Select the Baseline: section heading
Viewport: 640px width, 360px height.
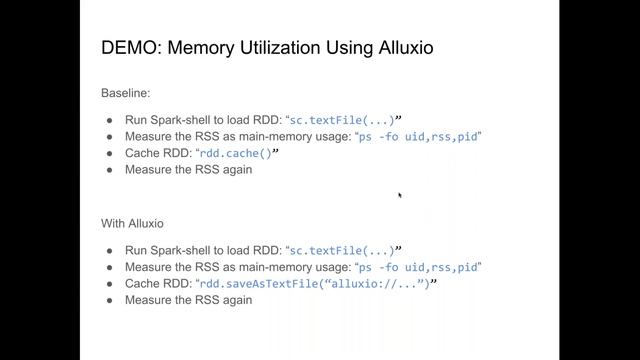point(126,92)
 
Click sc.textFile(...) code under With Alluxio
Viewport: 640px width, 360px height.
point(340,250)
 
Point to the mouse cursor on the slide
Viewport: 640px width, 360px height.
point(400,196)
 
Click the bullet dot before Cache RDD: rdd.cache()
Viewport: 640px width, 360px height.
point(109,153)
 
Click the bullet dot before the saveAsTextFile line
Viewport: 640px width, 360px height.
point(109,283)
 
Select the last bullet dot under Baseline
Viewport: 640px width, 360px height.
point(109,170)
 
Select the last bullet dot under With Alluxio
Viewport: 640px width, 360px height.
point(109,300)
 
